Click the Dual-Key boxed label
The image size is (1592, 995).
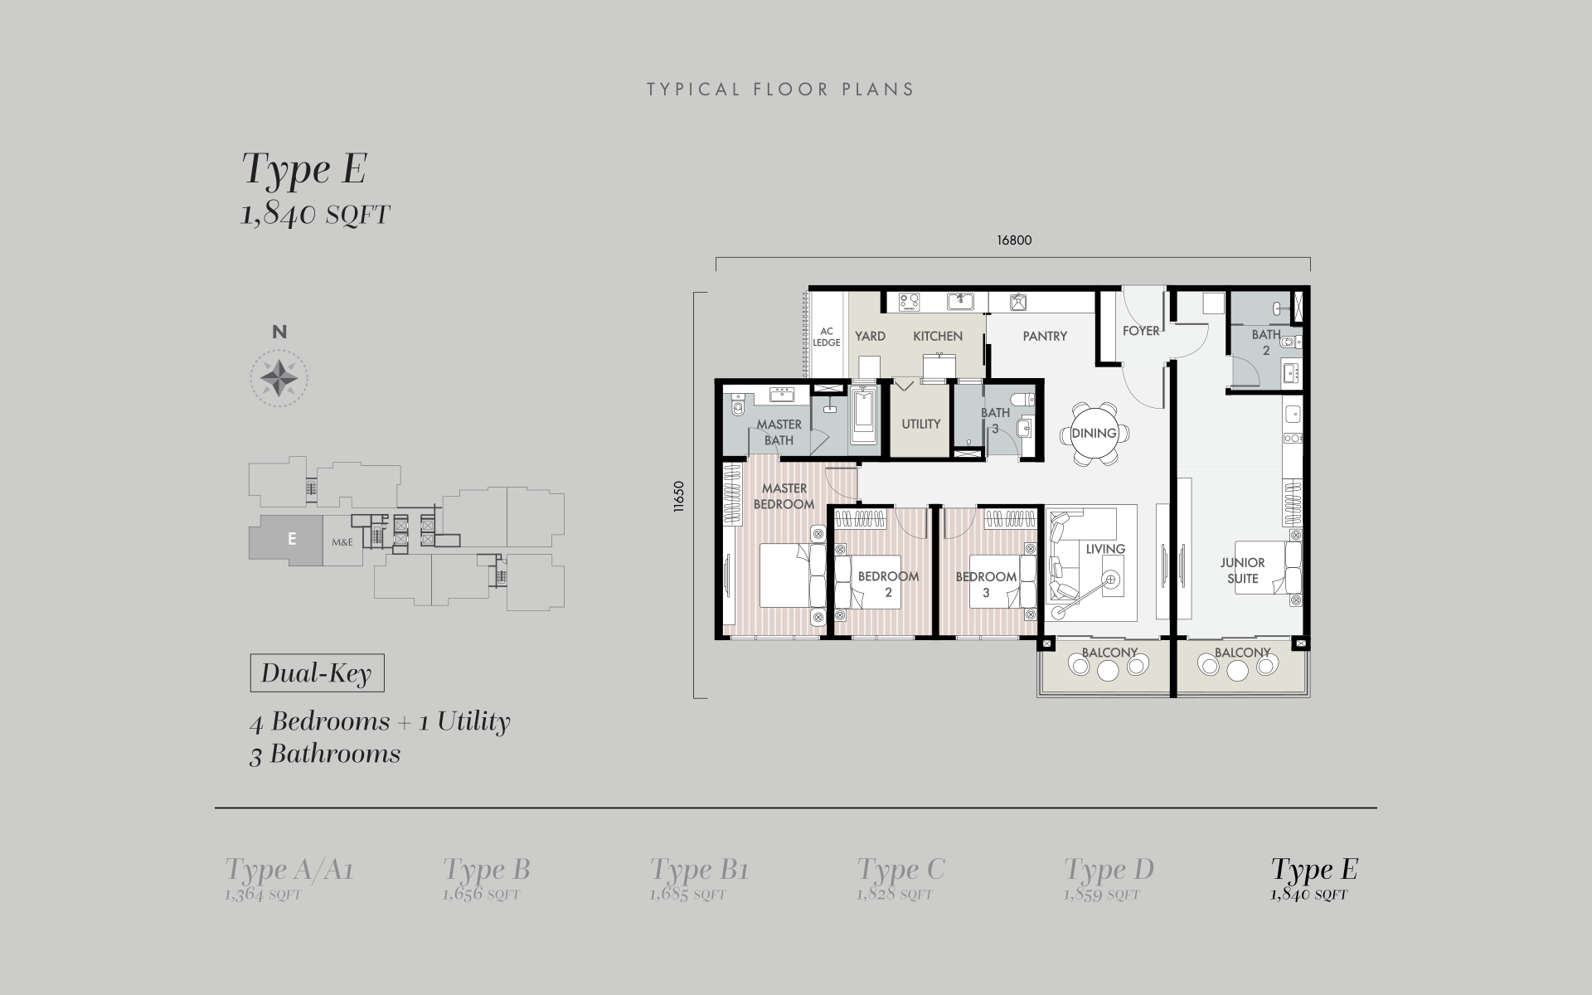(317, 673)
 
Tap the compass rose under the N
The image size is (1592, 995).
(279, 378)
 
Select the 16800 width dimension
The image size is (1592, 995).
(1014, 240)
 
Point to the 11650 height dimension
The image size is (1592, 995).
(679, 497)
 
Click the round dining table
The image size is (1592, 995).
(1094, 434)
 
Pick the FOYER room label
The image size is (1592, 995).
(1141, 331)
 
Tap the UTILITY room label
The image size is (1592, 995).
(920, 424)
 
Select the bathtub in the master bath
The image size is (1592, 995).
(863, 417)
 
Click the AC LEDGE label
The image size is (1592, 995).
(827, 337)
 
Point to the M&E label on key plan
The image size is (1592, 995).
(342, 542)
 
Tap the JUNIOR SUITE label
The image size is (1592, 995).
(1242, 570)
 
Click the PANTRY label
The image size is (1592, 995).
(1045, 336)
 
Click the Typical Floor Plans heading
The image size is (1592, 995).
(780, 90)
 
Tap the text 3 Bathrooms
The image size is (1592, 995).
(325, 755)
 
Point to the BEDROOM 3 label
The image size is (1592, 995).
(986, 584)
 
